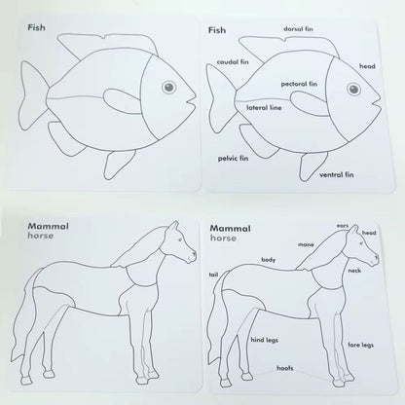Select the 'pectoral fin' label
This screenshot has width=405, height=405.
pyautogui.click(x=300, y=84)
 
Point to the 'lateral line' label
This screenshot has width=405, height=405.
pyautogui.click(x=264, y=107)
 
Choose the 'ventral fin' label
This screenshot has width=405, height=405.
pyautogui.click(x=337, y=174)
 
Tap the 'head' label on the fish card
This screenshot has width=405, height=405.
pyautogui.click(x=367, y=66)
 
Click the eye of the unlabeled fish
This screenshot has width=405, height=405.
pyautogui.click(x=168, y=88)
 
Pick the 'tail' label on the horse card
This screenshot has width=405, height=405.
pyautogui.click(x=212, y=276)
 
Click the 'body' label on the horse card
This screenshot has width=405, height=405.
pyautogui.click(x=269, y=260)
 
